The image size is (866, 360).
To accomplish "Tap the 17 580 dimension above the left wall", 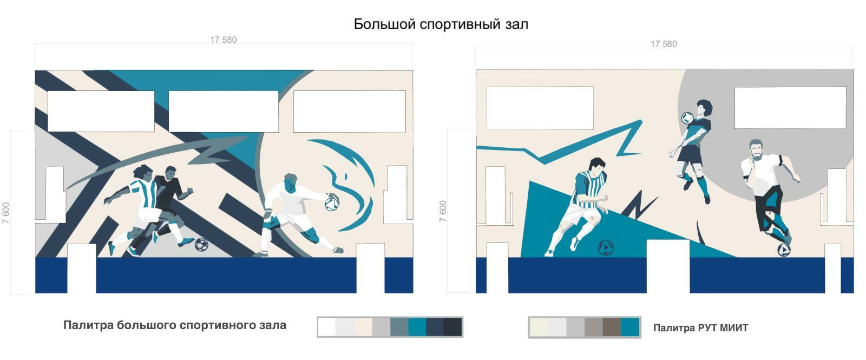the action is [x=223, y=40].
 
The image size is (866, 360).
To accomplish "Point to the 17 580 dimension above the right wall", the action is [x=664, y=44].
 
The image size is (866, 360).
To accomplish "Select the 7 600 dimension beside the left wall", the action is [x=6, y=212].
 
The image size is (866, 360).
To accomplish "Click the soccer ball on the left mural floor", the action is [x=201, y=244].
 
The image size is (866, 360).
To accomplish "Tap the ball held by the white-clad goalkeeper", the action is [x=332, y=203].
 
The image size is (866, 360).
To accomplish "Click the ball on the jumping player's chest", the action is [x=688, y=118].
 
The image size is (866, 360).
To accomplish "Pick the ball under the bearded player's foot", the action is [x=784, y=250].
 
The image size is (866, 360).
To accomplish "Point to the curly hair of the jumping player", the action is [x=704, y=106].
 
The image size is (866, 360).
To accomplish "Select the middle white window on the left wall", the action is [x=224, y=112].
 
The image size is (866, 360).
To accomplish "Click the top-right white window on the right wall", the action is [x=790, y=108].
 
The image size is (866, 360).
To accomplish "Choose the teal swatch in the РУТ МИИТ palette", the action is [x=630, y=327].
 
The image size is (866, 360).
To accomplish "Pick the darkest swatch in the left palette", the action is [x=452, y=327].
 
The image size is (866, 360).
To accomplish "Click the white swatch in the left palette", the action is [x=327, y=327].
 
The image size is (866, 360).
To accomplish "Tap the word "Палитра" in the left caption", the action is [x=88, y=325].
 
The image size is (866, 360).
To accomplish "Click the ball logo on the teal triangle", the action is [x=606, y=247].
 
